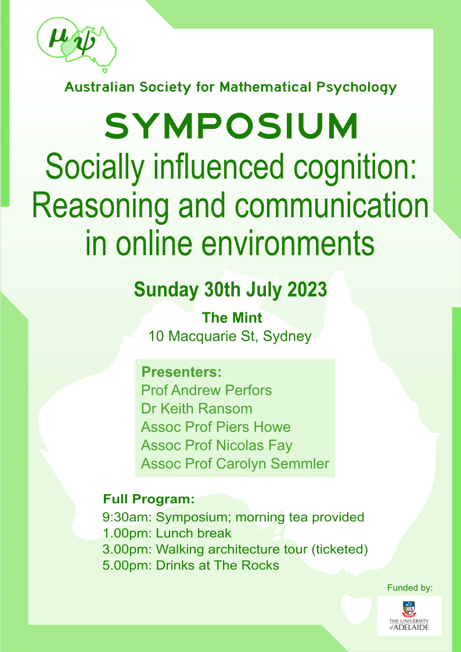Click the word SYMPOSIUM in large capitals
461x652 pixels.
pyautogui.click(x=230, y=127)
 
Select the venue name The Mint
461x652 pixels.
pyautogui.click(x=232, y=318)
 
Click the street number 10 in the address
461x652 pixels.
pyautogui.click(x=156, y=336)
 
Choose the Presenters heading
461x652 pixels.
pyautogui.click(x=181, y=372)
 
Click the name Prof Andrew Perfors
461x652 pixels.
pyautogui.click(x=206, y=391)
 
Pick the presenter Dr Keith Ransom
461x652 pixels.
pyautogui.click(x=197, y=408)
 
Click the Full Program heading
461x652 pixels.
pyautogui.click(x=149, y=499)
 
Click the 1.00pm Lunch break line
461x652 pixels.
pyautogui.click(x=167, y=534)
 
